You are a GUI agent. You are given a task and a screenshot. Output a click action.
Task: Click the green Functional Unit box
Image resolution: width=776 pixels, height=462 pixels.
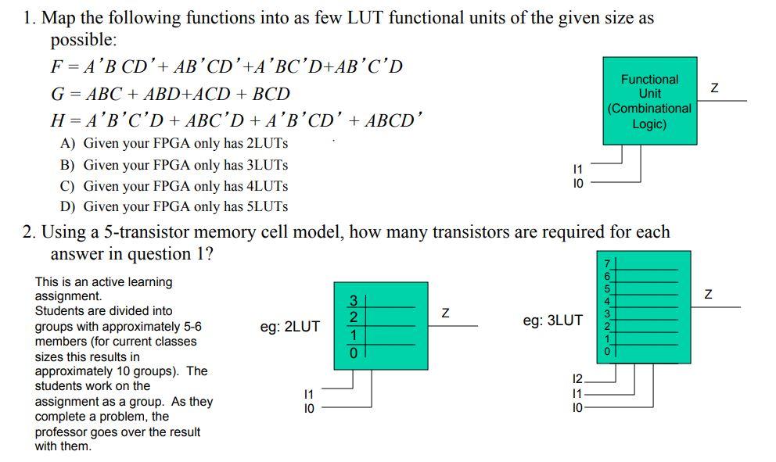point(649,102)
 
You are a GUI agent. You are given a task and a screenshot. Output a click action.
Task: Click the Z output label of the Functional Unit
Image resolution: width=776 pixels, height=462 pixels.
point(712,90)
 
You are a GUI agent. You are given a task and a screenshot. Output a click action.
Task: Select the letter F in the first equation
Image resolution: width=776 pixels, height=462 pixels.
point(56,66)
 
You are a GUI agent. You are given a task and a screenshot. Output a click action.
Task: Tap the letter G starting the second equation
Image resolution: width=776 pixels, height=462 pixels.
point(56,94)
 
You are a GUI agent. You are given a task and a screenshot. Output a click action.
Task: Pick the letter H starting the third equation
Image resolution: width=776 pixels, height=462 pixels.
point(56,121)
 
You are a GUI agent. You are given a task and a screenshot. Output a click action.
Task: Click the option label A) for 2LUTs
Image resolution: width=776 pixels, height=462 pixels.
point(68,144)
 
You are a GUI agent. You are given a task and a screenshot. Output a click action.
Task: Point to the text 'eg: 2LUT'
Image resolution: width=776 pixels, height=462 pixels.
point(289,327)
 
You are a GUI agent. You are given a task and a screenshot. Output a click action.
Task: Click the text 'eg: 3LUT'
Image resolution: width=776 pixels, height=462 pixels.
point(552,321)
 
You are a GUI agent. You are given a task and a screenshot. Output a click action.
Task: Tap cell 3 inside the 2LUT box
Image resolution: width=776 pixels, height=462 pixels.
point(353,300)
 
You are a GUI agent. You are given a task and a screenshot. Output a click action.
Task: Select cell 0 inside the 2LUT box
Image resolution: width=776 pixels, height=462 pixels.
point(353,353)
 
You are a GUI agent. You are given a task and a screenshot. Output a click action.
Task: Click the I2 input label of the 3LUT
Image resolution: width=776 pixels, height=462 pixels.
point(578,379)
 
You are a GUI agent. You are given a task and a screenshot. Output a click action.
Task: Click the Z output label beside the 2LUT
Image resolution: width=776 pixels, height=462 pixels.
point(445,313)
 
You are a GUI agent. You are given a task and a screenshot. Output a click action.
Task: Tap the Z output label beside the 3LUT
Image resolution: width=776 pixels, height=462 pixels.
point(709,295)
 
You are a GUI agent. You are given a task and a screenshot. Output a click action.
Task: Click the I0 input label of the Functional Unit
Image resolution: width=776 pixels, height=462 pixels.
point(578,183)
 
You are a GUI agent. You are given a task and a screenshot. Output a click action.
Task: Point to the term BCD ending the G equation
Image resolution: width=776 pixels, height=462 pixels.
point(271,94)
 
